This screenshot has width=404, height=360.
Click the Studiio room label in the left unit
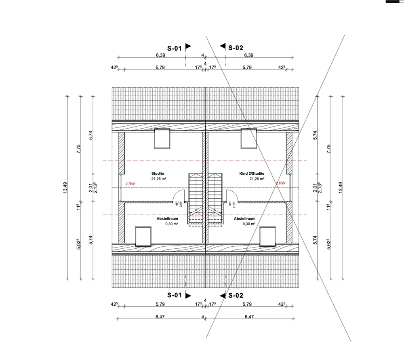(158, 174)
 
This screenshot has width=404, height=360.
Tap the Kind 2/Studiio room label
(252, 174)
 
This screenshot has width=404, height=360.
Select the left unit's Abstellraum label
(167, 219)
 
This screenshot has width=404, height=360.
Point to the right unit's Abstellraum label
(244, 219)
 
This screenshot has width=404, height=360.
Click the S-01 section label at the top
(175, 48)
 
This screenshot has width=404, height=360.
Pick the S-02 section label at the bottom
(236, 295)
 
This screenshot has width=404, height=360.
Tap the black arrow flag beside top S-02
(223, 46)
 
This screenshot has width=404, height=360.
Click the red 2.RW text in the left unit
(130, 184)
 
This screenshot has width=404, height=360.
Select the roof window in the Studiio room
(162, 139)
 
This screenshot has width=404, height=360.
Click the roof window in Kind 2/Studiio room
(248, 139)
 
